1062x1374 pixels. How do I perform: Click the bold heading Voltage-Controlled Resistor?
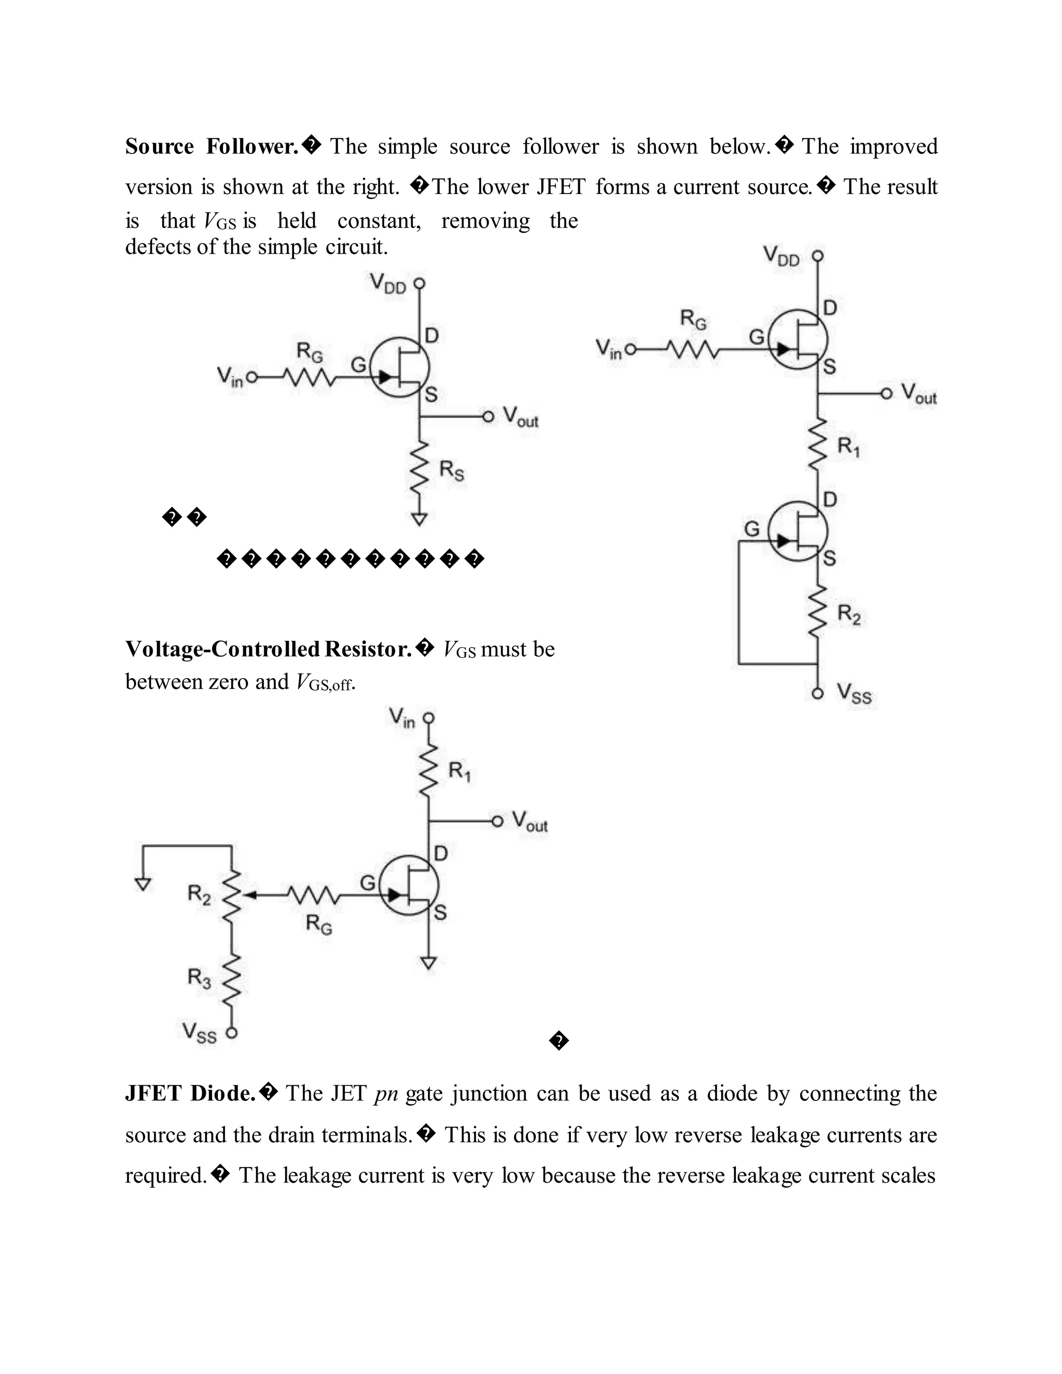[x=269, y=649]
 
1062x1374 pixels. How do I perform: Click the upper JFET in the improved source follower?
[x=799, y=340]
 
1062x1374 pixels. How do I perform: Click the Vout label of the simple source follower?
[x=520, y=416]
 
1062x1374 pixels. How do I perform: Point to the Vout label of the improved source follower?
[x=918, y=394]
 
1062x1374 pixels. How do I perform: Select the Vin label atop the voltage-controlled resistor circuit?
[x=401, y=718]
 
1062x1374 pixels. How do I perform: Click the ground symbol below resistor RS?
[x=420, y=519]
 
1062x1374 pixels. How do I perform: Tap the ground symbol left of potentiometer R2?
[x=144, y=884]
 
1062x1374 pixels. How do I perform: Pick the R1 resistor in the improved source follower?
[x=817, y=445]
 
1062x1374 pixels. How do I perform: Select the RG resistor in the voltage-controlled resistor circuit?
[x=313, y=894]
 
